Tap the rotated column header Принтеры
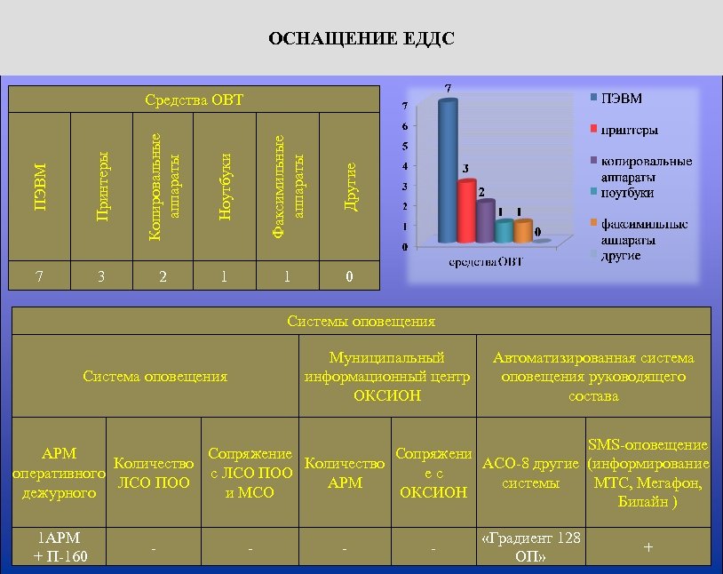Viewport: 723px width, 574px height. (x=102, y=187)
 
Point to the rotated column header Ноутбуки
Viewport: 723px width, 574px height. (x=225, y=187)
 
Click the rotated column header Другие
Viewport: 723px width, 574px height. (x=350, y=187)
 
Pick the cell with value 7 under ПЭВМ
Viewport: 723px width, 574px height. (x=39, y=276)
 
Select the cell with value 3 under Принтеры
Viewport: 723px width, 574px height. (x=102, y=276)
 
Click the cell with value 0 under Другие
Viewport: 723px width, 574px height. (x=350, y=276)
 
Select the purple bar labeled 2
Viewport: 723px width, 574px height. (x=485, y=221)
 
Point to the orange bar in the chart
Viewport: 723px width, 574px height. (x=523, y=231)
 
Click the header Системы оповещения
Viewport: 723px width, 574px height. (x=361, y=321)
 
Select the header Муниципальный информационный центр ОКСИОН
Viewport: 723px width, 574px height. (x=386, y=377)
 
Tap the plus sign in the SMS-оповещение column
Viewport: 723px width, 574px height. (x=648, y=548)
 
